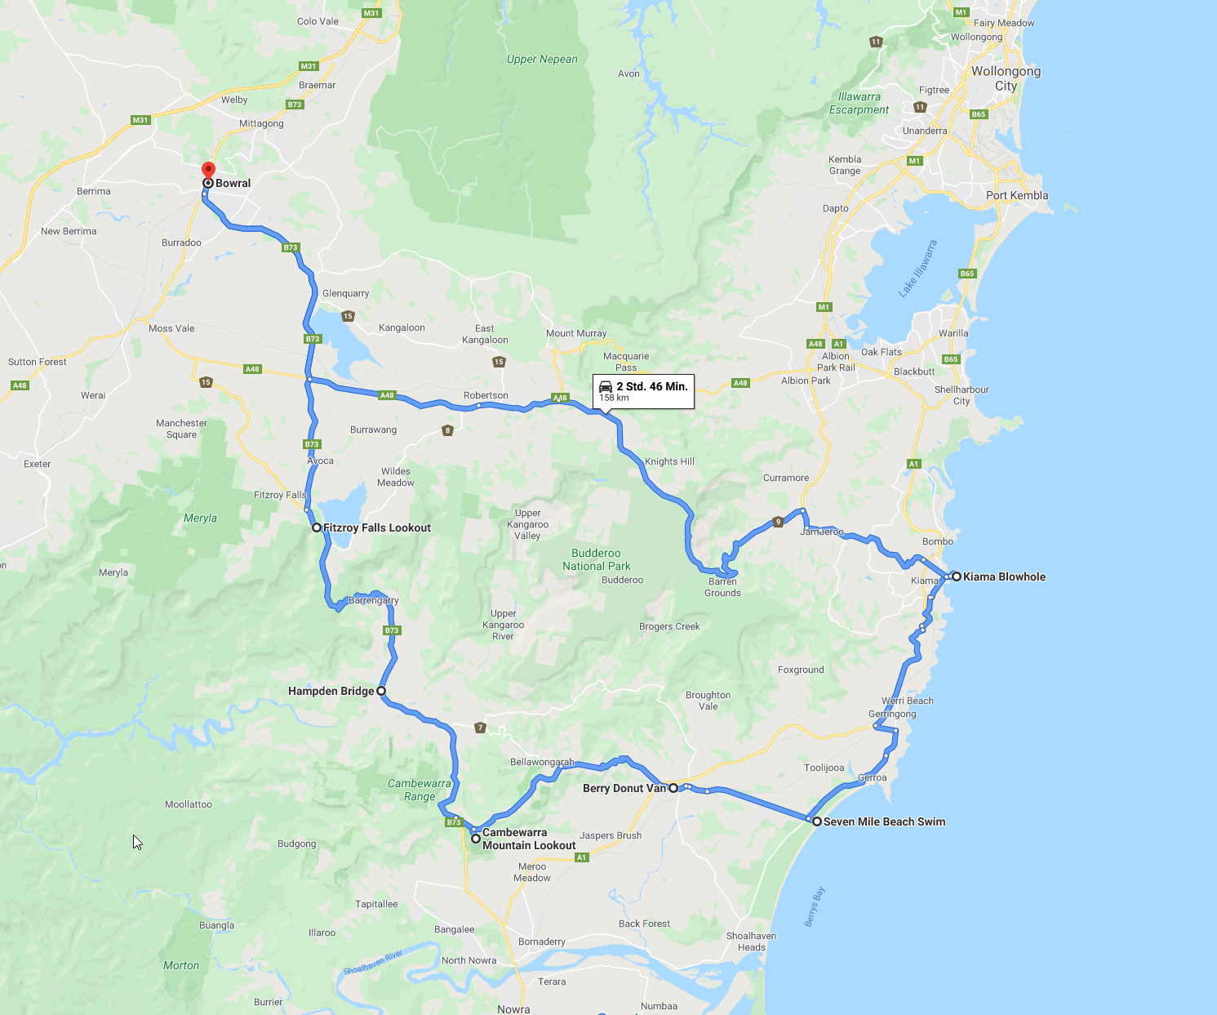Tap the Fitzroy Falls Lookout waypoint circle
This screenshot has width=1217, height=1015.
(x=317, y=528)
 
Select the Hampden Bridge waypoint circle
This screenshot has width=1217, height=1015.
(x=381, y=691)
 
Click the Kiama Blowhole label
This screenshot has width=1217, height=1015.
(x=1004, y=577)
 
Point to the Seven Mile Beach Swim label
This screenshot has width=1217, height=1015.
(x=884, y=821)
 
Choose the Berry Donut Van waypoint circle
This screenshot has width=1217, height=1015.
(x=673, y=788)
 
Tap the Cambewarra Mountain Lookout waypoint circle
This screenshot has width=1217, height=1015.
(x=476, y=839)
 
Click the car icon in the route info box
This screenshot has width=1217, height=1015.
(x=606, y=386)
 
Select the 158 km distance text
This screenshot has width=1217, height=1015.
(x=614, y=398)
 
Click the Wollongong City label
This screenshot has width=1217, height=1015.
(x=1006, y=78)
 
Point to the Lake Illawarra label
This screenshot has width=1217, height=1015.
(x=918, y=269)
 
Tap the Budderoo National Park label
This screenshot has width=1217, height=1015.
(x=596, y=559)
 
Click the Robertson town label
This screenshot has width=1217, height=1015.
(x=486, y=395)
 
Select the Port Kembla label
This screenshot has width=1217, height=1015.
(x=1017, y=195)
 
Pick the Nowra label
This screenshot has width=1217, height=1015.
(x=513, y=1009)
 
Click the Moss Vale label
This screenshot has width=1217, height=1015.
(x=171, y=328)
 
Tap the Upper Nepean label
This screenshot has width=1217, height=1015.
(x=542, y=59)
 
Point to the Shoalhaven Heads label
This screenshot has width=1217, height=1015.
(x=751, y=942)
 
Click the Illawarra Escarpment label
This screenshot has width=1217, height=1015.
(x=859, y=103)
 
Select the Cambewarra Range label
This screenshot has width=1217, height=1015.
(x=420, y=790)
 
